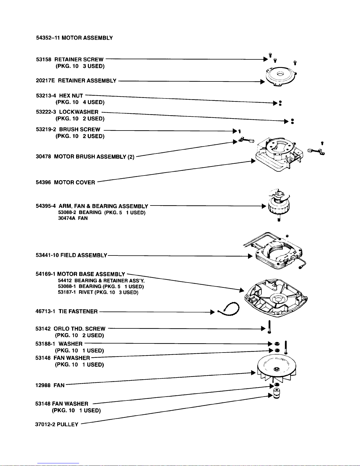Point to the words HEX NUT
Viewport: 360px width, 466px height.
pyautogui.click(x=71, y=96)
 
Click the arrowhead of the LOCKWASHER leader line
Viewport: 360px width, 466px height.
pyautogui.click(x=286, y=121)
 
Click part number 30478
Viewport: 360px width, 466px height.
pyautogui.click(x=44, y=156)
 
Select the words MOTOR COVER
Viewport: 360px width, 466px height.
pyautogui.click(x=75, y=182)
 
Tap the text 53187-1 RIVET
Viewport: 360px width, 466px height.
pyautogui.click(x=76, y=292)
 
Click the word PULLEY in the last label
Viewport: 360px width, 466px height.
pyautogui.click(x=68, y=424)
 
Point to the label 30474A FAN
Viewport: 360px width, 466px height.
pyautogui.click(x=73, y=218)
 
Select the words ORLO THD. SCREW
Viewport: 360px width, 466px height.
pyautogui.click(x=79, y=328)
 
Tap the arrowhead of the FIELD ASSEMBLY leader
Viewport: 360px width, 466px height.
pyautogui.click(x=250, y=256)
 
